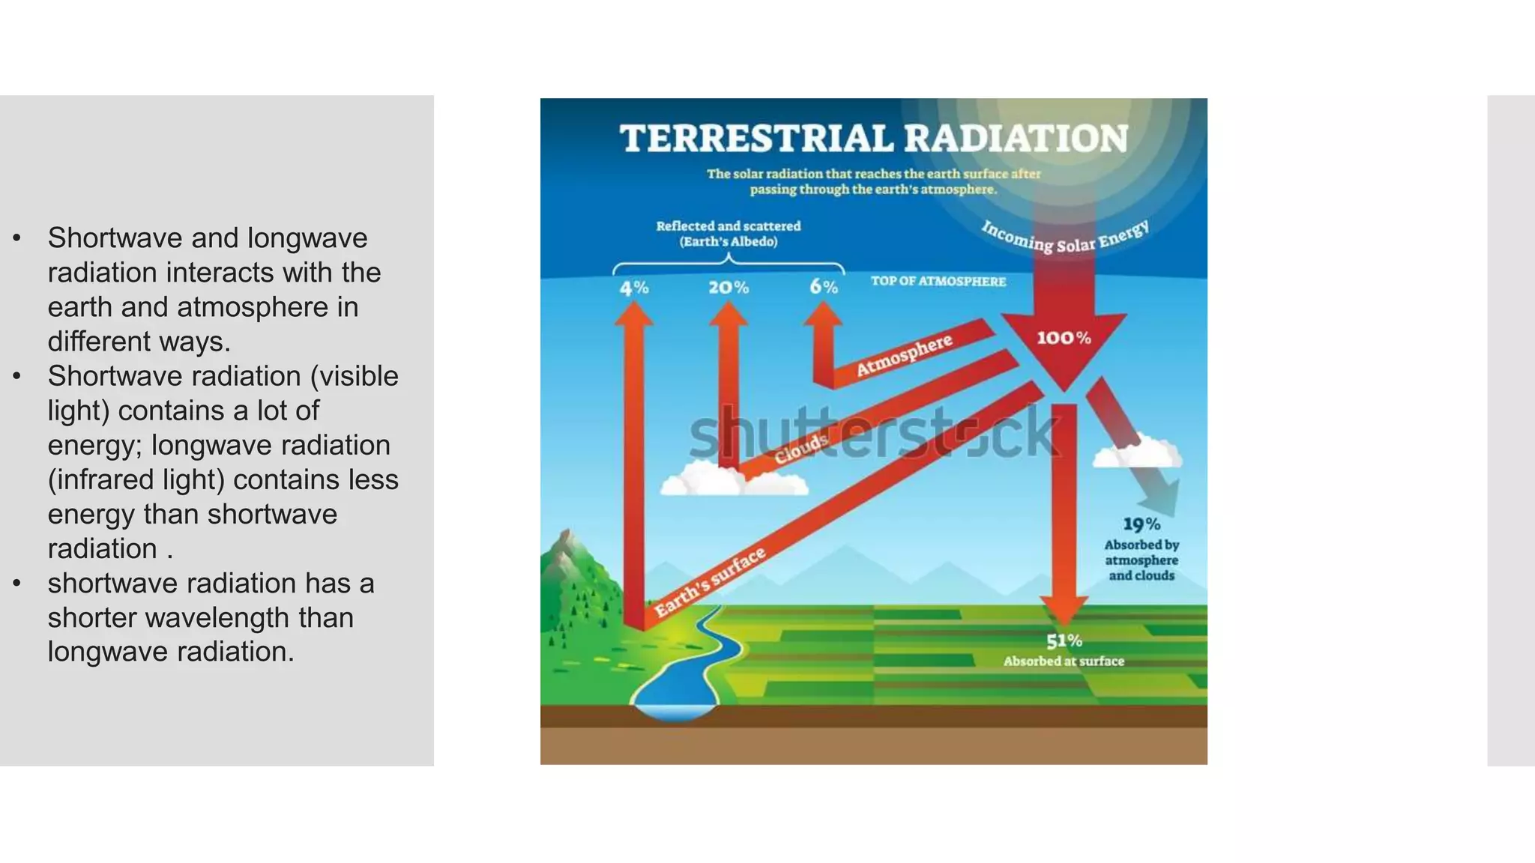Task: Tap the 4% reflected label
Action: (x=634, y=288)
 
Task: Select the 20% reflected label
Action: (x=729, y=288)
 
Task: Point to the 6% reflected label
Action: (x=823, y=287)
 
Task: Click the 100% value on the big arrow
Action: (x=1064, y=339)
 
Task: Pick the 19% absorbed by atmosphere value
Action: (x=1141, y=524)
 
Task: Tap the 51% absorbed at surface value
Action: (x=1064, y=641)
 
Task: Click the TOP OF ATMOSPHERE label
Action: (x=938, y=282)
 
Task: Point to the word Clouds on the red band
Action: (x=800, y=449)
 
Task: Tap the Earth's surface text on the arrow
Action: (x=709, y=583)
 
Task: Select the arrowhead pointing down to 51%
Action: (x=1064, y=610)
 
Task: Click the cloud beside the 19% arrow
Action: (x=1136, y=452)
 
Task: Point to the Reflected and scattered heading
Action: (x=728, y=226)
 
